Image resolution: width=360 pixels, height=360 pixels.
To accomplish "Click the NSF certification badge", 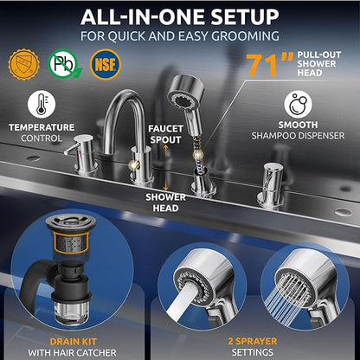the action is (106, 64).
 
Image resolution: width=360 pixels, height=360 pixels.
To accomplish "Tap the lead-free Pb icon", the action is (64, 64).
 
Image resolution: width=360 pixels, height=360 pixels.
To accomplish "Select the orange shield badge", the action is (23, 64).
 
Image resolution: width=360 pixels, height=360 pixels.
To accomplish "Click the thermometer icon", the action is (42, 104).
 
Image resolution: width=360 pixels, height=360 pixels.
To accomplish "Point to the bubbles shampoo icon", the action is (298, 104).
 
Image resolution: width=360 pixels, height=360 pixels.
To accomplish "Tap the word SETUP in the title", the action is (245, 17).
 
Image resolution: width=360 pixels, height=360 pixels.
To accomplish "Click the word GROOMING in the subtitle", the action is (245, 36).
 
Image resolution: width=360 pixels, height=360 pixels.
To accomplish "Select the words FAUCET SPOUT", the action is (165, 134).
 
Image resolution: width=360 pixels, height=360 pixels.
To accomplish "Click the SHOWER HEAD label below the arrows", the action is (165, 202).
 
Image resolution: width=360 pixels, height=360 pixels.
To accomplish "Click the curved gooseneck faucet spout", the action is (124, 121).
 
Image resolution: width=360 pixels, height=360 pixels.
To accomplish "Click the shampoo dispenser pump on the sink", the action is (271, 184).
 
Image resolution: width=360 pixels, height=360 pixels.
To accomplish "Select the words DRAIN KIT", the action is (73, 342).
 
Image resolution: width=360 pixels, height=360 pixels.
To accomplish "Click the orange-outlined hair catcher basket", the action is (71, 242).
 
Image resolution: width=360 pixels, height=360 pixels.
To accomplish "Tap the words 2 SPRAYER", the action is (253, 341).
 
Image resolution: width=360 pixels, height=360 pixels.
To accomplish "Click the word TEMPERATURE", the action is (42, 127).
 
